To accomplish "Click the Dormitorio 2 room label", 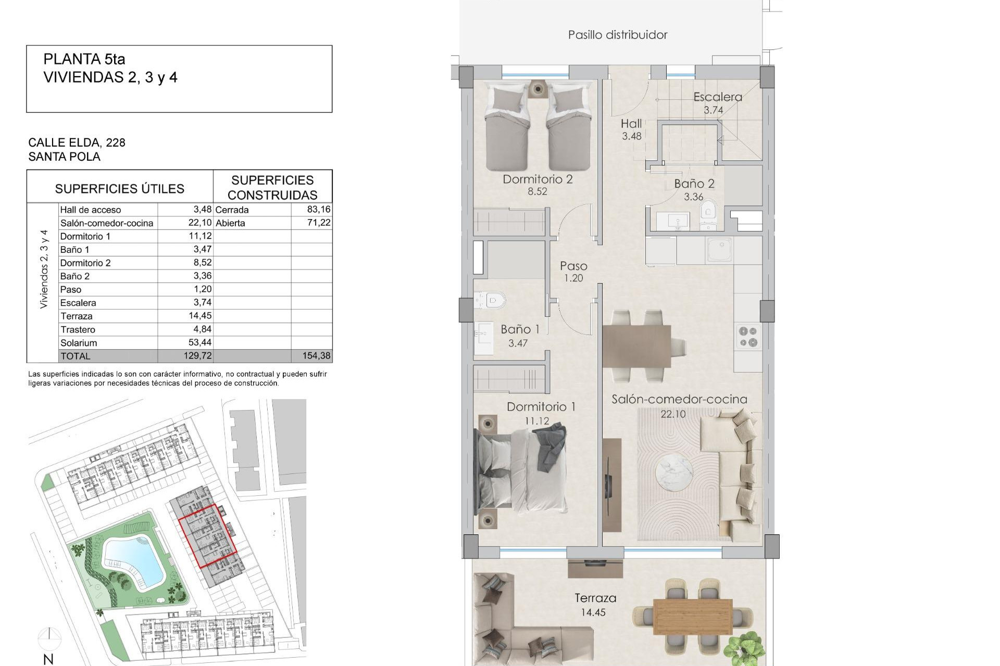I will pyautogui.click(x=537, y=180).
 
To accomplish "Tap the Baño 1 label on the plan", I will pyautogui.click(x=519, y=329).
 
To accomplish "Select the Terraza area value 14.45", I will pyautogui.click(x=593, y=612).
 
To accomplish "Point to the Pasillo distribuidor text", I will pyautogui.click(x=617, y=35).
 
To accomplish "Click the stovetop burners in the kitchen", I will pyautogui.click(x=748, y=337).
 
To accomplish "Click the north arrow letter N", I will pyautogui.click(x=48, y=659).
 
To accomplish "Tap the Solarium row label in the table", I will pyautogui.click(x=79, y=343).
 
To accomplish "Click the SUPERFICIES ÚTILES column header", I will pyautogui.click(x=119, y=189).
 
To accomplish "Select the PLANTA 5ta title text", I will pyautogui.click(x=84, y=59).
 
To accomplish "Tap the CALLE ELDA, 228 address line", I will pyautogui.click(x=77, y=143).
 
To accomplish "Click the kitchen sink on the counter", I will pyautogui.click(x=720, y=249).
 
